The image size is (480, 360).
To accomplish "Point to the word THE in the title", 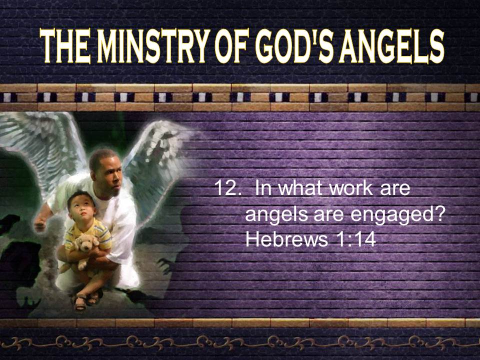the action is [x=65, y=46].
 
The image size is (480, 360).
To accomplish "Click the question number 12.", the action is [x=226, y=188].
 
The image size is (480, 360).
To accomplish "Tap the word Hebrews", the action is [x=286, y=239].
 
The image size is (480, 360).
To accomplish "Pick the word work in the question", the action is [x=351, y=188].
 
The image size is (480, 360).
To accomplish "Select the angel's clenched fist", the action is [x=40, y=225].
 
